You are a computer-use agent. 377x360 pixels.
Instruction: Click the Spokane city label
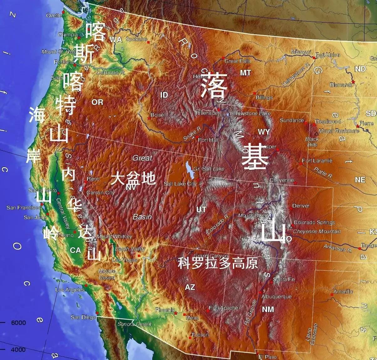pyautogui.click(x=136, y=39)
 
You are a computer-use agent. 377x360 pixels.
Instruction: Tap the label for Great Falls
pyautogui.click(x=237, y=61)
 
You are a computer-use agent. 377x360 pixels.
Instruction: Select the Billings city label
pyautogui.click(x=264, y=97)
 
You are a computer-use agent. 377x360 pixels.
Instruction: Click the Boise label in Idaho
pyautogui.click(x=157, y=115)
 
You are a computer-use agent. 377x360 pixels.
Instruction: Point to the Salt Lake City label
pyautogui.click(x=180, y=184)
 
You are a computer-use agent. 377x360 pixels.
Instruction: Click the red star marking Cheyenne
pyautogui.click(x=295, y=183)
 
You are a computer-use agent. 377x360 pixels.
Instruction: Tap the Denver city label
pyautogui.click(x=301, y=206)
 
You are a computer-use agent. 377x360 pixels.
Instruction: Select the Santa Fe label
pyautogui.click(x=284, y=279)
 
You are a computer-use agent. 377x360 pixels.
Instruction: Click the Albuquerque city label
pyautogui.click(x=276, y=296)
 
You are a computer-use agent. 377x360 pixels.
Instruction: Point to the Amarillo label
pyautogui.click(x=343, y=291)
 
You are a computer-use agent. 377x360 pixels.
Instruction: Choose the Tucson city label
pyautogui.click(x=200, y=335)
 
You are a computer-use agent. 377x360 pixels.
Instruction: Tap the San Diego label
pyautogui.click(x=83, y=317)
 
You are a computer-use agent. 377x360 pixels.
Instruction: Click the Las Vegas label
pyautogui.click(x=125, y=260)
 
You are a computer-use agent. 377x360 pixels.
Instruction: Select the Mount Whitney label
pyautogui.click(x=115, y=236)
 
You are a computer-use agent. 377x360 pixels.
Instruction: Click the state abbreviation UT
pyautogui.click(x=201, y=209)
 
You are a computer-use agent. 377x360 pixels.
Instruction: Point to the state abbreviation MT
pyautogui.click(x=245, y=73)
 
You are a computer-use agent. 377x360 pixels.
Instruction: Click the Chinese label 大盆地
pyautogui.click(x=133, y=178)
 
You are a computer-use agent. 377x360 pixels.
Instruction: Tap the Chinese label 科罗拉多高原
pyautogui.click(x=218, y=263)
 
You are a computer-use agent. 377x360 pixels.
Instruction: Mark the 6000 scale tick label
pyautogui.click(x=18, y=323)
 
